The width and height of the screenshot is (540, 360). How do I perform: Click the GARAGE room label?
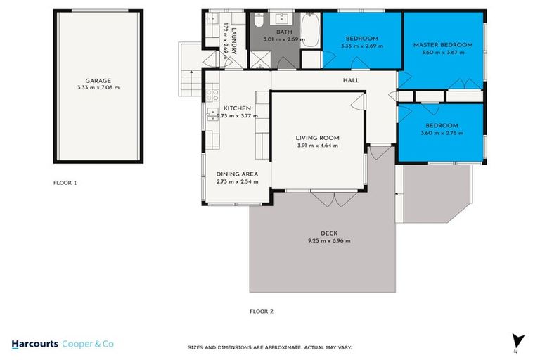click(x=98, y=81)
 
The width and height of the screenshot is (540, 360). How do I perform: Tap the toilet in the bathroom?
click(x=259, y=20)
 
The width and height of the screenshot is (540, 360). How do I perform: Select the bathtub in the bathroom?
click(x=310, y=30)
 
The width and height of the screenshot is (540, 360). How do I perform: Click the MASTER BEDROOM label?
click(x=443, y=45)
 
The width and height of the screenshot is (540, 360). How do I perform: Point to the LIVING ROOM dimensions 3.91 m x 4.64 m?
click(x=318, y=146)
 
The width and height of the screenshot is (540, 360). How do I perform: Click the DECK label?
click(x=329, y=233)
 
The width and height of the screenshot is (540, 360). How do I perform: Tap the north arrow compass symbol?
click(x=517, y=342)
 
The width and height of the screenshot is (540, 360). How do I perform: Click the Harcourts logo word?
click(x=34, y=344)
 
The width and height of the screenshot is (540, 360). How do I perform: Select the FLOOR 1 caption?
click(x=65, y=183)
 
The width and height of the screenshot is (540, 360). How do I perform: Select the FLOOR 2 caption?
click(x=262, y=311)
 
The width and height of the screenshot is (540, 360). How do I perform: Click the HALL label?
click(x=351, y=80)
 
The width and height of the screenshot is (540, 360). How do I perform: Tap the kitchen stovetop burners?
click(x=212, y=95)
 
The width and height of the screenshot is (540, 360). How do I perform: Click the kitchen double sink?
click(x=212, y=115)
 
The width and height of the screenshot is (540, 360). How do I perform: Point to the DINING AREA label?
click(x=237, y=174)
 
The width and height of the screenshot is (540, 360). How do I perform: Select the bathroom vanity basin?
click(x=282, y=18)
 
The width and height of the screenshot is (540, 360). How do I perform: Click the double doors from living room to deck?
click(x=334, y=198)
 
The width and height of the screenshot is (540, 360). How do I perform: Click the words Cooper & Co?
click(x=88, y=344)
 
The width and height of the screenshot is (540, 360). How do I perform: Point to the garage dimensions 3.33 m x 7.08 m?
click(x=98, y=87)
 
